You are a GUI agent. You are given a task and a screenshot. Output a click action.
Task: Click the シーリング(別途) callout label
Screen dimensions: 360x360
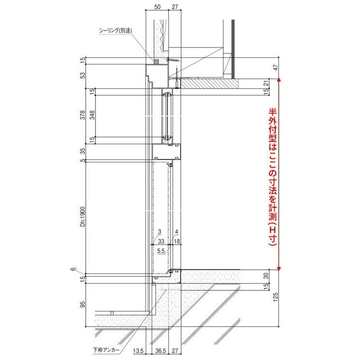pos(115,31)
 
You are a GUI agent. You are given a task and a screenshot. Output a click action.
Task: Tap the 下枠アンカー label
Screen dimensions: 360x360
pos(106,350)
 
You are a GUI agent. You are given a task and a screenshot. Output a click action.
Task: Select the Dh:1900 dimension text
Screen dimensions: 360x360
pos(83,217)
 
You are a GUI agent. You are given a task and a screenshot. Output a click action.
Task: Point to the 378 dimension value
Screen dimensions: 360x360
pos(83,115)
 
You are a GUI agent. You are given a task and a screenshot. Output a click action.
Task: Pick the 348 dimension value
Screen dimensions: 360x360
pos(92,115)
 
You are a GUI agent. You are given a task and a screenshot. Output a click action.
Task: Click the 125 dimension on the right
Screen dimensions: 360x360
pos(276,297)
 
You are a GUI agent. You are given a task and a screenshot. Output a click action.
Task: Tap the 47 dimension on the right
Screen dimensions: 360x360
pos(276,68)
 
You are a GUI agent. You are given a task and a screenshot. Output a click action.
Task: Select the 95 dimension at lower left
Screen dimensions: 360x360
pos(83,304)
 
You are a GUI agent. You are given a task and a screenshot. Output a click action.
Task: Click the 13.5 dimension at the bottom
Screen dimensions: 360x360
pos(139,351)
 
